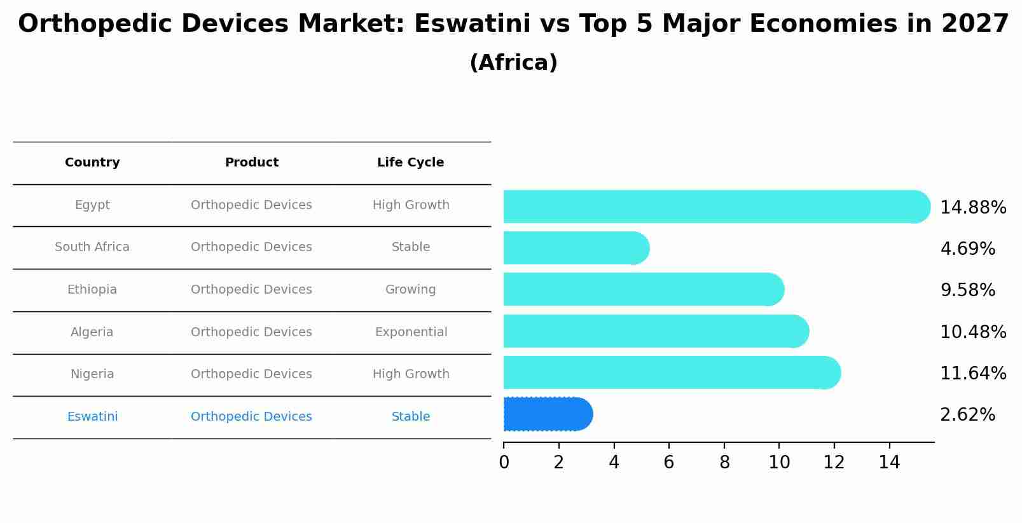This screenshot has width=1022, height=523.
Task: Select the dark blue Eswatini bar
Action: click(547, 414)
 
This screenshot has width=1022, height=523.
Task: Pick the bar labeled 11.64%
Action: click(671, 372)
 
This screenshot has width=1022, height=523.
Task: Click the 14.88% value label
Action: click(972, 208)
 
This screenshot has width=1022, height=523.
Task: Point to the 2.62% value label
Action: click(967, 415)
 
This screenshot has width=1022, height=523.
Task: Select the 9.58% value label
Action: click(967, 290)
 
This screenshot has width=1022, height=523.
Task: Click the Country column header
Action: click(92, 163)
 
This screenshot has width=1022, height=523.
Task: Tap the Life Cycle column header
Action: click(410, 163)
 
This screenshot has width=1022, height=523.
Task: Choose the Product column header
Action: click(251, 163)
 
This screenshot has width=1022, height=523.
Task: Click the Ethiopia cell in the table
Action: click(92, 290)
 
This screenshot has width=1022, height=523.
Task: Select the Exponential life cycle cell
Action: click(411, 332)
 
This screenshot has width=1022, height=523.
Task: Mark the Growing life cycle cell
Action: click(410, 290)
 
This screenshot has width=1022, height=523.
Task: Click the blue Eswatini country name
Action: click(92, 417)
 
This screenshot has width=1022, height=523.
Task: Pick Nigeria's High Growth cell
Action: click(411, 374)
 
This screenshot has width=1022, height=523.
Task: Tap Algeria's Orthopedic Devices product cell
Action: click(251, 332)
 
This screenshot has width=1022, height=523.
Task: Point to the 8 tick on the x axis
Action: click(724, 463)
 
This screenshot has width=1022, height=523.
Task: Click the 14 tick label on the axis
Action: click(889, 463)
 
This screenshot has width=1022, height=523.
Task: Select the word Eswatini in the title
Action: click(472, 24)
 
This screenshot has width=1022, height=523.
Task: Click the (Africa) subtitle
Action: click(513, 63)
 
